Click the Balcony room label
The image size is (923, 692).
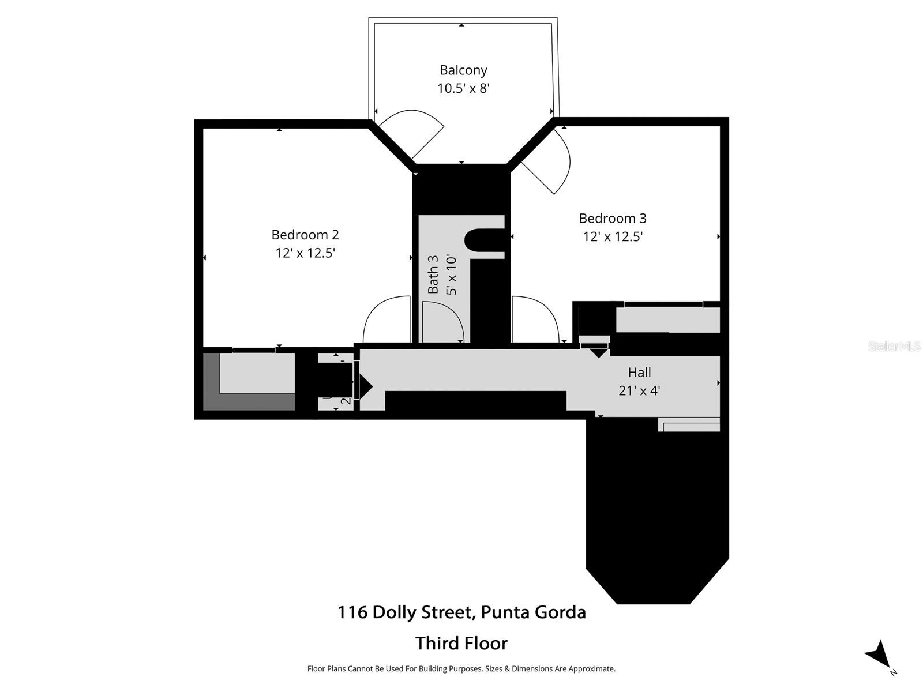(x=463, y=70)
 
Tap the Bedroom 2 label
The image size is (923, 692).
(x=305, y=235)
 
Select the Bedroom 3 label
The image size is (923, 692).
(x=613, y=219)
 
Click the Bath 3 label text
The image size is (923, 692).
(x=433, y=274)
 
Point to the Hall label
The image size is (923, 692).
(x=639, y=373)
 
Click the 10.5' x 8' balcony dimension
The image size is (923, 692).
(x=463, y=88)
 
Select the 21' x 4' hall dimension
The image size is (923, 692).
(x=639, y=390)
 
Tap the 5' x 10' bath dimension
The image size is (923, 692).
(x=451, y=274)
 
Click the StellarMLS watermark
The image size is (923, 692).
(x=894, y=346)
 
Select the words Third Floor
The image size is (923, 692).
(x=461, y=643)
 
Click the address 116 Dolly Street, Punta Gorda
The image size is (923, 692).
(x=461, y=612)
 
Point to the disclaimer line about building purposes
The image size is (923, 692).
(x=461, y=669)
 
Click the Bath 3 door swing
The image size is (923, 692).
(x=441, y=323)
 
